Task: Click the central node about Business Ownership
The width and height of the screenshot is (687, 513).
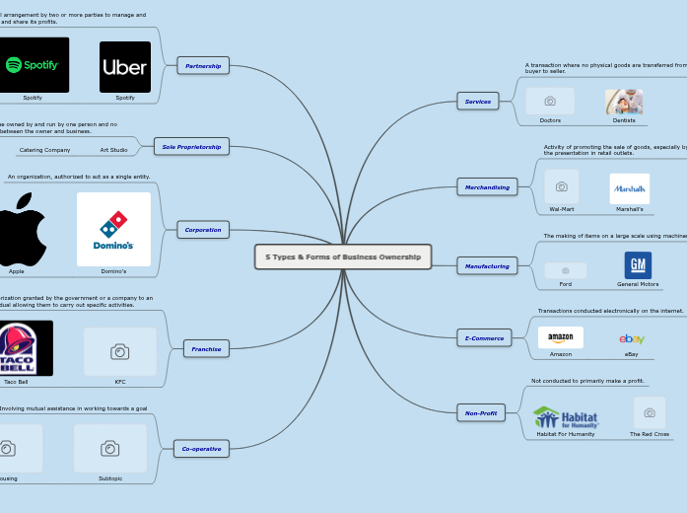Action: [343, 256]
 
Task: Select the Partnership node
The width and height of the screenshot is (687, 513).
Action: [203, 66]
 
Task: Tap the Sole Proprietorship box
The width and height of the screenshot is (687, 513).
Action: [191, 146]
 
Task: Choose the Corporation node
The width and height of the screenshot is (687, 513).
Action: [203, 230]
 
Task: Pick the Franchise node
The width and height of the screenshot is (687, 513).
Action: [206, 348]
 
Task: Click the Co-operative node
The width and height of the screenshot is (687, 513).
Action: [201, 449]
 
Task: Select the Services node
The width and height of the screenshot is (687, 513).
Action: [478, 101]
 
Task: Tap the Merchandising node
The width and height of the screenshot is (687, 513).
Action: [488, 186]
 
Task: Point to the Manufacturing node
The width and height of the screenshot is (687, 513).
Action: [487, 266]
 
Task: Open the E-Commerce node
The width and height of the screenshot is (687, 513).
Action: [484, 338]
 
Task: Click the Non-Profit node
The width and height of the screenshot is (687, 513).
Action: [481, 413]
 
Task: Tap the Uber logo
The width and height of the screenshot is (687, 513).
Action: [125, 67]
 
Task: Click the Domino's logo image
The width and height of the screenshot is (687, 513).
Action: [113, 229]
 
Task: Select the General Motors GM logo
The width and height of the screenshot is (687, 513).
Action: [638, 265]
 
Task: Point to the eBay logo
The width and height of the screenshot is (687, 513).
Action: [632, 338]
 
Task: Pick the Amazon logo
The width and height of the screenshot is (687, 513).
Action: [561, 337]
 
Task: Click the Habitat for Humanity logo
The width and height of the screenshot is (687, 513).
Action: [566, 416]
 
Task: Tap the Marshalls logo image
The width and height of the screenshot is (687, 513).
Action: [629, 188]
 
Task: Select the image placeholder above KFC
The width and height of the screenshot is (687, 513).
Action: [119, 352]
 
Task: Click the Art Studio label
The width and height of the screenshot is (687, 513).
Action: [113, 150]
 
